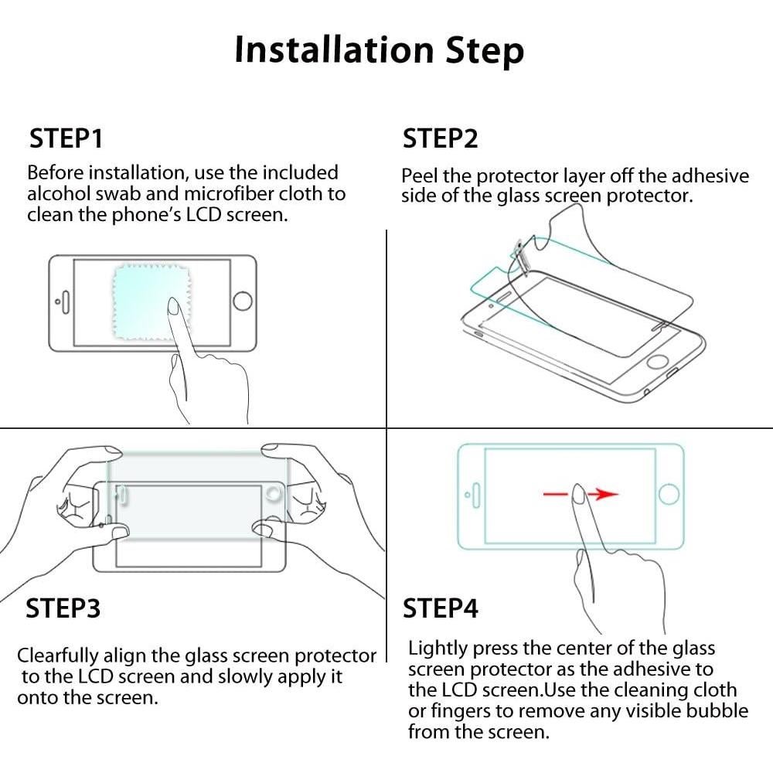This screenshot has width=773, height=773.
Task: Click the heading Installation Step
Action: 379,50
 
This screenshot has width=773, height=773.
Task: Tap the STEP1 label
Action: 66,138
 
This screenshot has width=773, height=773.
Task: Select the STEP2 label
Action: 441,138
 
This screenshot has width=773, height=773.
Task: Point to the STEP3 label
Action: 63,608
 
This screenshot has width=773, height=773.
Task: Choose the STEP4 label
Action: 441,608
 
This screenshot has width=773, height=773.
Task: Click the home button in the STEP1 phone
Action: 243,300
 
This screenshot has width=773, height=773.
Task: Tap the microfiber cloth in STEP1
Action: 151,301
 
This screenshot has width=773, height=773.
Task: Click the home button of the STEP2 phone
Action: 657,361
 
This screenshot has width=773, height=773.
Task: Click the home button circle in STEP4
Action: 669,494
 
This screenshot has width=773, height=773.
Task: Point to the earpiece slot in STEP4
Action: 476,495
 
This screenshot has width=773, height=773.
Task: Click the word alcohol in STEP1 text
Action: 59,194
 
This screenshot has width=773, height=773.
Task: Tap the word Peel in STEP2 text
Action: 419,176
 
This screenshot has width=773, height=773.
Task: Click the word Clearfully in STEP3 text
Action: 58,656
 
